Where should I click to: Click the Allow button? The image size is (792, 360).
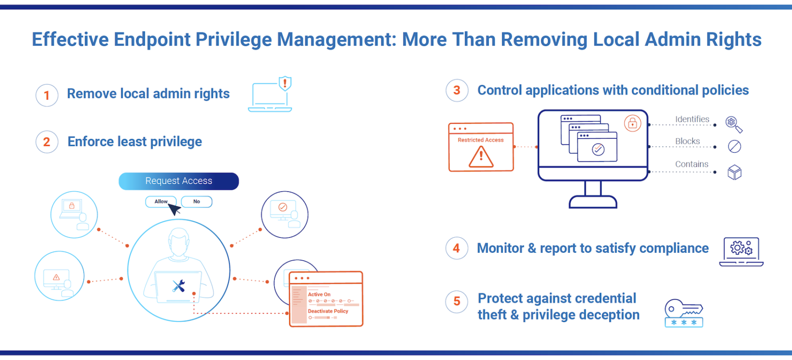pyautogui.click(x=161, y=202)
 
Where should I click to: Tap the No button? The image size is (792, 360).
pyautogui.click(x=196, y=202)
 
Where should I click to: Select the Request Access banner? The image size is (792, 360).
pyautogui.click(x=178, y=181)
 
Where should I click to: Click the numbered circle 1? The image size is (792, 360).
pyautogui.click(x=46, y=95)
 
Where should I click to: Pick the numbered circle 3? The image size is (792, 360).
pyautogui.click(x=456, y=91)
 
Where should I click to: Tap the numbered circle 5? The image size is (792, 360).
pyautogui.click(x=456, y=301)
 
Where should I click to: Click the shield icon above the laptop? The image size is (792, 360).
pyautogui.click(x=285, y=83)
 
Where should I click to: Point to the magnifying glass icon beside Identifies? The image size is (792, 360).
pyautogui.click(x=733, y=124)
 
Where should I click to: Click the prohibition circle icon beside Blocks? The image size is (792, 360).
pyautogui.click(x=734, y=146)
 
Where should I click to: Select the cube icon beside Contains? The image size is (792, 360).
pyautogui.click(x=734, y=172)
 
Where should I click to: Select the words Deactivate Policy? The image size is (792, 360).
pyautogui.click(x=328, y=311)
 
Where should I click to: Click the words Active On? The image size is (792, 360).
pyautogui.click(x=319, y=294)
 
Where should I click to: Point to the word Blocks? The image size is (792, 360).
pyautogui.click(x=687, y=141)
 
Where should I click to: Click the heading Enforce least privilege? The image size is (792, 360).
pyautogui.click(x=135, y=142)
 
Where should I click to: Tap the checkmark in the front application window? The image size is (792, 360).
pyautogui.click(x=597, y=150)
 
